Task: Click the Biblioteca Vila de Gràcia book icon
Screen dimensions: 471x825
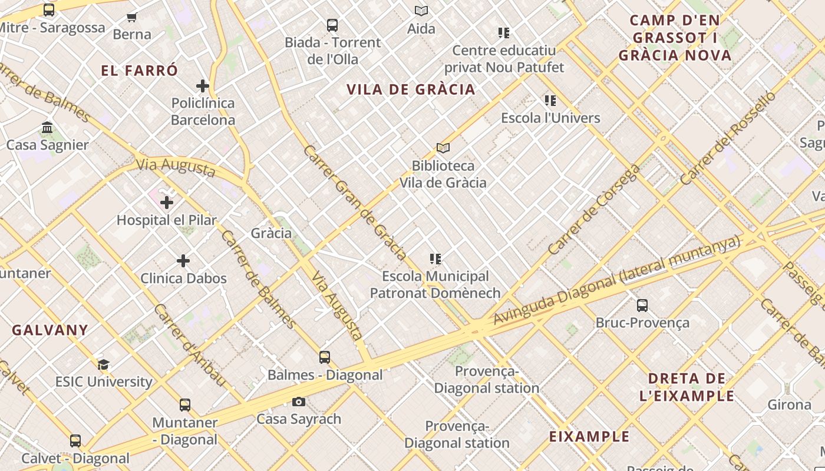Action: pos(443,148)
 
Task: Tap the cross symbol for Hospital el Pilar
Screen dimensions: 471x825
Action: pos(167,203)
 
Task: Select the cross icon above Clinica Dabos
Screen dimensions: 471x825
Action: pos(183,260)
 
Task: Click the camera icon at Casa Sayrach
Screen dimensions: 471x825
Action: pos(299,402)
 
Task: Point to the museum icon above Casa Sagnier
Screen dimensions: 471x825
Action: pos(47,127)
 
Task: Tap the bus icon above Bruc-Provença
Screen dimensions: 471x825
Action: pos(642,306)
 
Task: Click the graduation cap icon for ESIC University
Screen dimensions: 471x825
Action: pos(104,364)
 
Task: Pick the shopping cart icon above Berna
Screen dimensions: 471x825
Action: pos(132,17)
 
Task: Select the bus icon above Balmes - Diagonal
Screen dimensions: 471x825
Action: pos(325,357)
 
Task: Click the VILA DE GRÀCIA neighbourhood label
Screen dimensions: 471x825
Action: pos(411,89)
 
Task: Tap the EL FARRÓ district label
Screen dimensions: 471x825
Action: pos(139,71)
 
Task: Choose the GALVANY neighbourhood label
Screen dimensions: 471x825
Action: pos(50,330)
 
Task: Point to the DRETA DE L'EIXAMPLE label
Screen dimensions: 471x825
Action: pos(687,387)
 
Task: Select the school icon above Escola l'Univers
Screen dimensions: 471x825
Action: pos(550,101)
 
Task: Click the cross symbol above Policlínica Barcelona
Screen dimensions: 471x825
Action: pos(203,86)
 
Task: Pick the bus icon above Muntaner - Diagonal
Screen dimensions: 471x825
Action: pos(185,405)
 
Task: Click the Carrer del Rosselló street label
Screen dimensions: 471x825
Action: pos(728,138)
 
